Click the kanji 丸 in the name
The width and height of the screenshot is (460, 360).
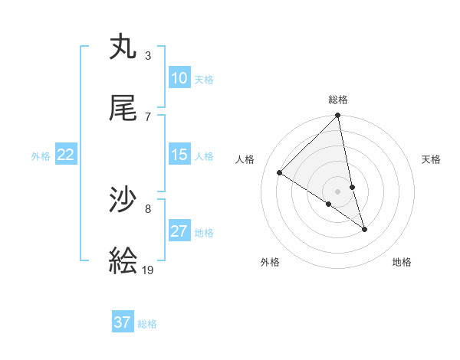coord(123,47)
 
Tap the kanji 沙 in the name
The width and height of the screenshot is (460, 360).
coord(123,201)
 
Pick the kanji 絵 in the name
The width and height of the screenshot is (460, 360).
coord(123,262)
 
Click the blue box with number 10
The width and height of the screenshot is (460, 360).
coord(179,78)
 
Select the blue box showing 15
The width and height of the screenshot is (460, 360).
coord(179,155)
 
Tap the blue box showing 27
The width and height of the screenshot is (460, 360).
coord(179,231)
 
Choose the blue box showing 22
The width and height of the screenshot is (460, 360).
coord(66,155)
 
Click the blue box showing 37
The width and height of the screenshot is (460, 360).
coord(123,322)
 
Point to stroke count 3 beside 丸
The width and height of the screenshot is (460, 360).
coord(148,55)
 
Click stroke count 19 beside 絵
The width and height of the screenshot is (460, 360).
coord(149,270)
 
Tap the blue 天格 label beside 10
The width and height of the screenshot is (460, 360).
coord(204,79)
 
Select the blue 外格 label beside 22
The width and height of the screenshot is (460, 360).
coord(41,155)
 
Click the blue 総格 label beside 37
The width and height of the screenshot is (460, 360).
coord(147,323)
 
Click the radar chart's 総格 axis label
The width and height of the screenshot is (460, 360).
coord(338,100)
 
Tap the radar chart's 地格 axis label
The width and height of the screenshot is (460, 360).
coord(402,263)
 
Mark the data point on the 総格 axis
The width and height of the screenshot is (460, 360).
coord(338,116)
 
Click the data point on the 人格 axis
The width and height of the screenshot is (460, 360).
coord(280,172)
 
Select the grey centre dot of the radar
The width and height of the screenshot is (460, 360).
coord(338,191)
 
